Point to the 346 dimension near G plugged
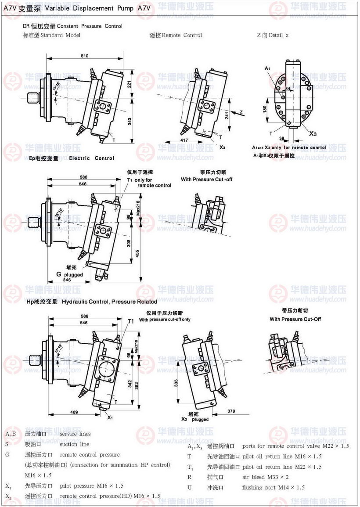click(x=67, y=280)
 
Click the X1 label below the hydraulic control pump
click(x=110, y=417)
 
